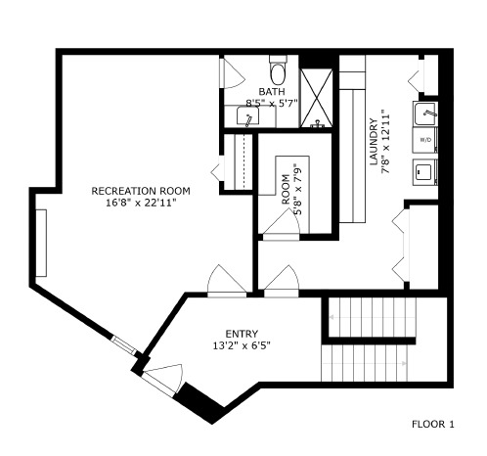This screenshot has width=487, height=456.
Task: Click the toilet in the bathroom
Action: tap(278, 72)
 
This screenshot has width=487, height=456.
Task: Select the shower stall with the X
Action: tap(316, 99)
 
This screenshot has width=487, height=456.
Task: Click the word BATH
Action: tap(272, 92)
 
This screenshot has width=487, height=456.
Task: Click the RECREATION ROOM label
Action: tap(140, 191)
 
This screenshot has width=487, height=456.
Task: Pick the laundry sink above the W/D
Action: tap(427, 114)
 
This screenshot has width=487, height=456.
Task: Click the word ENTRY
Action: tap(242, 333)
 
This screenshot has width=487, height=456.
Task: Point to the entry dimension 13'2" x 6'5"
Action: tap(242, 344)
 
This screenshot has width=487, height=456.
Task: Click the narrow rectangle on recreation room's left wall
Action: tap(42, 242)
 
